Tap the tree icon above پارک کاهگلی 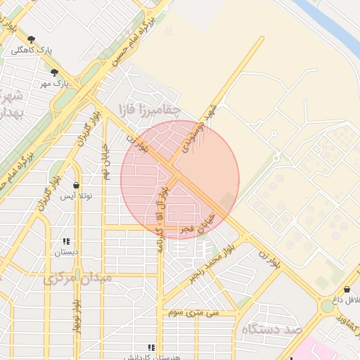click(31, 39)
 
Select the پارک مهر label click(56, 84)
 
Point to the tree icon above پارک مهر click(54, 72)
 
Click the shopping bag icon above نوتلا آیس click(76, 186)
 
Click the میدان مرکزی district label click(77, 278)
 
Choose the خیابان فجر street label click(197, 226)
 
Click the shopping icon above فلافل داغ click(347, 290)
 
